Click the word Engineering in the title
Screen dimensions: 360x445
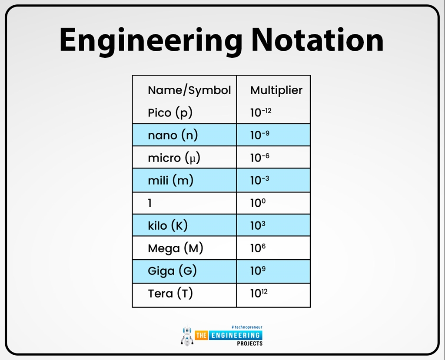click(x=150, y=40)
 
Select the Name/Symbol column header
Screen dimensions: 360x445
click(x=189, y=90)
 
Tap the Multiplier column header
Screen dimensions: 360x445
click(x=276, y=90)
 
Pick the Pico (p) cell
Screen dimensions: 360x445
click(x=170, y=113)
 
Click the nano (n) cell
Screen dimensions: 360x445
click(x=173, y=135)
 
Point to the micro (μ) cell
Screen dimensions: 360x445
click(x=174, y=158)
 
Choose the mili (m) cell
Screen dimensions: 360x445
click(x=170, y=180)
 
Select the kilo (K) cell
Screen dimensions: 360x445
click(x=168, y=225)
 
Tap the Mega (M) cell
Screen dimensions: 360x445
click(x=176, y=248)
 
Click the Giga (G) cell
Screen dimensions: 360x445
click(x=172, y=271)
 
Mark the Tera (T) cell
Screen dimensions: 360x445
click(x=170, y=294)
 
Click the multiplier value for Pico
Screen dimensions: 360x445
click(x=261, y=112)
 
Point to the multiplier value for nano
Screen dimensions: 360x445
click(x=259, y=135)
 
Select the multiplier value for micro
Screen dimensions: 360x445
click(x=259, y=157)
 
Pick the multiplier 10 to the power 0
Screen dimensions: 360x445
click(x=258, y=203)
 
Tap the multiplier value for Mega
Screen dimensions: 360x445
click(x=258, y=248)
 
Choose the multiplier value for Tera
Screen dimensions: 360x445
click(x=259, y=293)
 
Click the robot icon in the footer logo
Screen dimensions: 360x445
click(x=187, y=335)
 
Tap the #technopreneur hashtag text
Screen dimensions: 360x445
click(x=247, y=327)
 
